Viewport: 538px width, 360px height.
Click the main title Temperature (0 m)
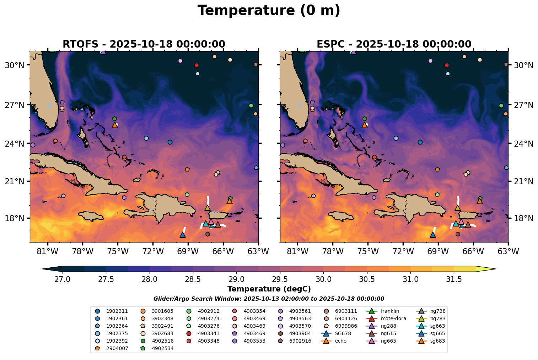point(269,11)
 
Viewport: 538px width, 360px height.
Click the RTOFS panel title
point(144,44)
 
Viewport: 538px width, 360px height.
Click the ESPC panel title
point(394,44)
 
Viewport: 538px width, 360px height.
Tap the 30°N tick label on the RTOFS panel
point(15,65)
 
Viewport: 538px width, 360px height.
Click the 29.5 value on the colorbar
point(280,279)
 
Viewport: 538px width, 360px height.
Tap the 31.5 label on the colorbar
point(454,279)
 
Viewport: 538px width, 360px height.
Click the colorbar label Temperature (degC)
point(269,289)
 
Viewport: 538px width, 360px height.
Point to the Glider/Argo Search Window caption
point(269,299)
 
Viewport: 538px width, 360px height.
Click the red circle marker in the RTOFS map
point(197,65)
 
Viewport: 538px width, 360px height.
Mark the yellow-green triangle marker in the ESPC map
point(458,208)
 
